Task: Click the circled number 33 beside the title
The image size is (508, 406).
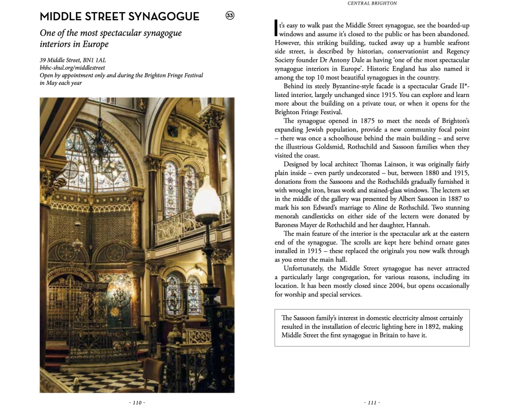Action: pyautogui.click(x=230, y=16)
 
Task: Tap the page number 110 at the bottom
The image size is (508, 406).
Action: pyautogui.click(x=137, y=402)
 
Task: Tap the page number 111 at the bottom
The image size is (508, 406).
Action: pyautogui.click(x=372, y=402)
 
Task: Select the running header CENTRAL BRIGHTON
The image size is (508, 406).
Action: pyautogui.click(x=372, y=3)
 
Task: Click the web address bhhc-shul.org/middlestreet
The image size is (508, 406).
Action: pyautogui.click(x=72, y=67)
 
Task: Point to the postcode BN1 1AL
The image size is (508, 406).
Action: pyautogui.click(x=94, y=60)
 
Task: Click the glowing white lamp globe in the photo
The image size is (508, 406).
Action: pyautogui.click(x=207, y=200)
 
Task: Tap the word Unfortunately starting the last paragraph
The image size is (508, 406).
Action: pyautogui.click(x=305, y=268)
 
